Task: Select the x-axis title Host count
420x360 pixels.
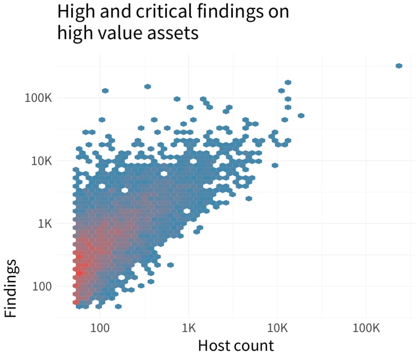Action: point(236,345)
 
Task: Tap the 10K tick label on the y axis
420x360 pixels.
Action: point(40,161)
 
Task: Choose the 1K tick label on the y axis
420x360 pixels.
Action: point(44,223)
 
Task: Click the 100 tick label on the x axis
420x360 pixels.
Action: point(100,326)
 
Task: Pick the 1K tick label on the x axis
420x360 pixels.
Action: point(189,326)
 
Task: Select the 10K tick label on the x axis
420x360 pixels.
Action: point(277,326)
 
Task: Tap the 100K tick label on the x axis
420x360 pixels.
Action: point(366,326)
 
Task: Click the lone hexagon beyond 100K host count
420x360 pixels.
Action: point(399,66)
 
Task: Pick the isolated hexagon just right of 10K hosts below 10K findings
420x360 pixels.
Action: point(275,165)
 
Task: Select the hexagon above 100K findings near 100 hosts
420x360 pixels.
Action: point(105,91)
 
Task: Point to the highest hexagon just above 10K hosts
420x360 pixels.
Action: point(288,82)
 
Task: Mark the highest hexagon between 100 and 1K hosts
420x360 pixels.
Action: point(147,87)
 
